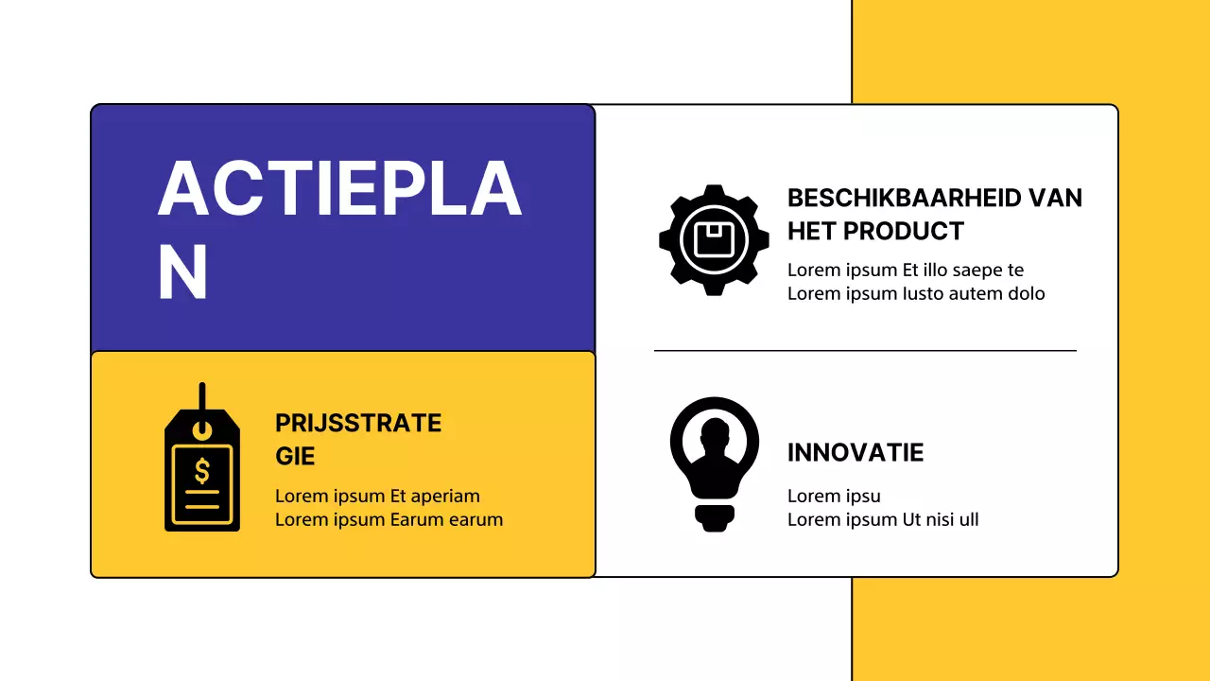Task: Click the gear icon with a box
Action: click(x=714, y=240)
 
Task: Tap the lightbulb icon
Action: click(x=714, y=464)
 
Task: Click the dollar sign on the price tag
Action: click(x=202, y=470)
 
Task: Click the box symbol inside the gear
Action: click(x=715, y=240)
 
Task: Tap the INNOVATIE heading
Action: click(x=856, y=452)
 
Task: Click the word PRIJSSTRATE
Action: click(x=358, y=423)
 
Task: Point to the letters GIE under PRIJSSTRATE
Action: click(x=295, y=456)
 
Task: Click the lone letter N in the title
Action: click(x=182, y=272)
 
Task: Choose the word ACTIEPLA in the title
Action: click(x=339, y=190)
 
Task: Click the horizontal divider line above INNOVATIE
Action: click(x=865, y=351)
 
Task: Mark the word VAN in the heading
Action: click(x=1055, y=198)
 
